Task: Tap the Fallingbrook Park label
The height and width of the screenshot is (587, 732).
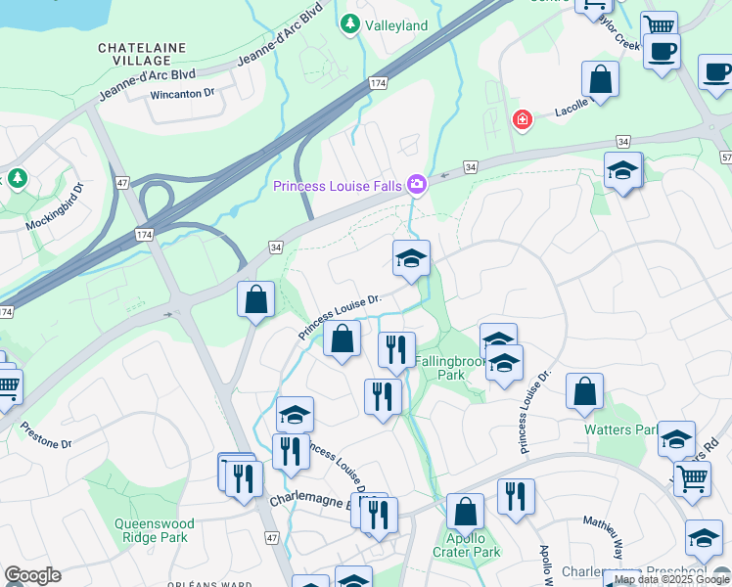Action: tap(450, 368)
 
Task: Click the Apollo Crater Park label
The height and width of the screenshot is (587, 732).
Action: tap(467, 545)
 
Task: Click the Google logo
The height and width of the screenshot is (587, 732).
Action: tap(32, 575)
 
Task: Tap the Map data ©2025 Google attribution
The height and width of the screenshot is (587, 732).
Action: tap(671, 579)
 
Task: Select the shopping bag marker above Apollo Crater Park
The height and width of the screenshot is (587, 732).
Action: tap(466, 512)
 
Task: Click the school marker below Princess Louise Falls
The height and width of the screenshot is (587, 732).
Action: tap(412, 259)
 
